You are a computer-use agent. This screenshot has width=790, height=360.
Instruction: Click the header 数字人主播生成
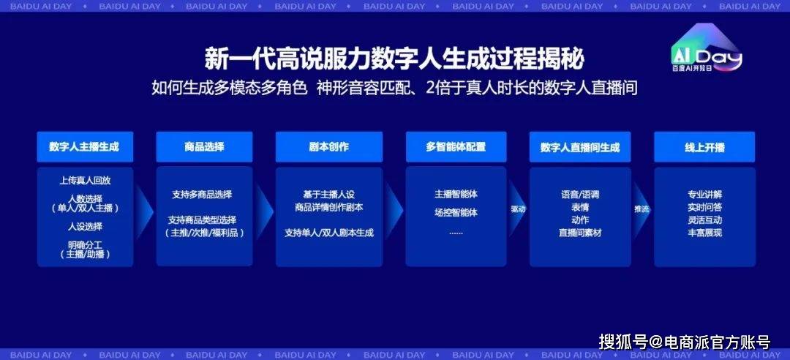[85, 147]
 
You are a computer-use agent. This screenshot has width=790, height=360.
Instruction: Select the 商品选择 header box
[204, 147]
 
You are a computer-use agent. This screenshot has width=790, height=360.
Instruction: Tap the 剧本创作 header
[329, 147]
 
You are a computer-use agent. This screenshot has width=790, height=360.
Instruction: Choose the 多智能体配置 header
[456, 147]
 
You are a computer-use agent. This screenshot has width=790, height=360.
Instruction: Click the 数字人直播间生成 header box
[580, 147]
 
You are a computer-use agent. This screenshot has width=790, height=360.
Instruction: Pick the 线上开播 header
[704, 147]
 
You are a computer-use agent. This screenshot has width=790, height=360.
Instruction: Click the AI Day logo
[707, 49]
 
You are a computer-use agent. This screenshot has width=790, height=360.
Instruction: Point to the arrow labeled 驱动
[517, 209]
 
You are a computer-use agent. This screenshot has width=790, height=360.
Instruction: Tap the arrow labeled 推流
[642, 209]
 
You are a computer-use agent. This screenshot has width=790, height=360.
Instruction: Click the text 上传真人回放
[85, 181]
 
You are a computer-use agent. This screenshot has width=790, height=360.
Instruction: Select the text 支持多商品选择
[202, 195]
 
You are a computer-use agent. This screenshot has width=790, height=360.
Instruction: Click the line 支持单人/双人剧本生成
[329, 233]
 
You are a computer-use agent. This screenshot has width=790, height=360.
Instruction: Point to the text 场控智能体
[456, 212]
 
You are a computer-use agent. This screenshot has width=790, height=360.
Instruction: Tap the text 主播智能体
[456, 194]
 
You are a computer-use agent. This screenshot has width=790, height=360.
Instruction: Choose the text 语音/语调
[580, 195]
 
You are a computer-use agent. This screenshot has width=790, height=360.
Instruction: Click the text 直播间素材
[580, 233]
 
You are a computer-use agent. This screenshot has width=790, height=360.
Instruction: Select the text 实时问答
[705, 207]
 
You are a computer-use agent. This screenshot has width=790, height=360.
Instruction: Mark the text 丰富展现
[705, 233]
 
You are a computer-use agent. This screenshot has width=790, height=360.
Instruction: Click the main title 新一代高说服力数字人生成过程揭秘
[394, 59]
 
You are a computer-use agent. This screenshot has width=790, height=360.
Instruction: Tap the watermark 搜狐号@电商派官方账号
[685, 342]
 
